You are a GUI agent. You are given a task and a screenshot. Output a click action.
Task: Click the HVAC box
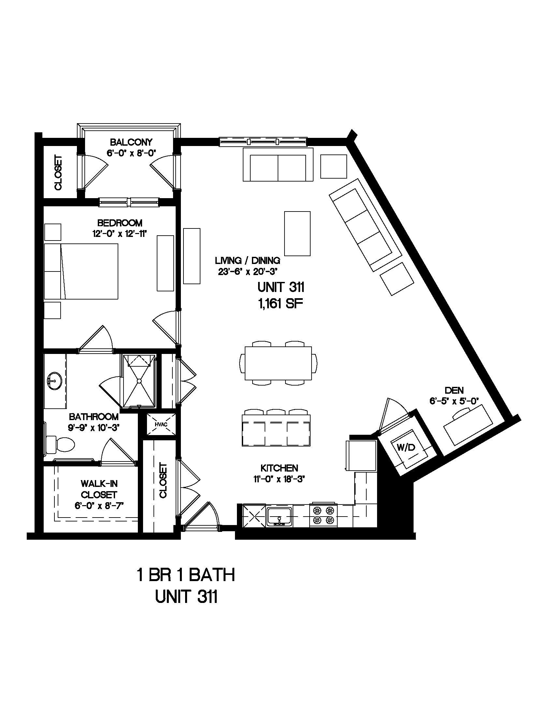tap(161, 424)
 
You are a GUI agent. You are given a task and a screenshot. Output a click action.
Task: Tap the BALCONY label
tap(131, 142)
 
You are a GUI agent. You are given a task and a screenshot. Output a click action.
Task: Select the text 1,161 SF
tap(280, 304)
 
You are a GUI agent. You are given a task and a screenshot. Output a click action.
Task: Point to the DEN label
tap(454, 390)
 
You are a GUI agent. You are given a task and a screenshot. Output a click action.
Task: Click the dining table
tap(278, 363)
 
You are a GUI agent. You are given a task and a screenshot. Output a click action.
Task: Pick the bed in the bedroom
tap(81, 271)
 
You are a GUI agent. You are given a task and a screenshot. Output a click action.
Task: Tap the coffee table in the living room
tap(297, 233)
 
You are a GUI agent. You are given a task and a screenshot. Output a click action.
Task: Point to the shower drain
tap(139, 381)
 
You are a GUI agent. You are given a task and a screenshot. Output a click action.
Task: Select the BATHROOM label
tap(94, 417)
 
